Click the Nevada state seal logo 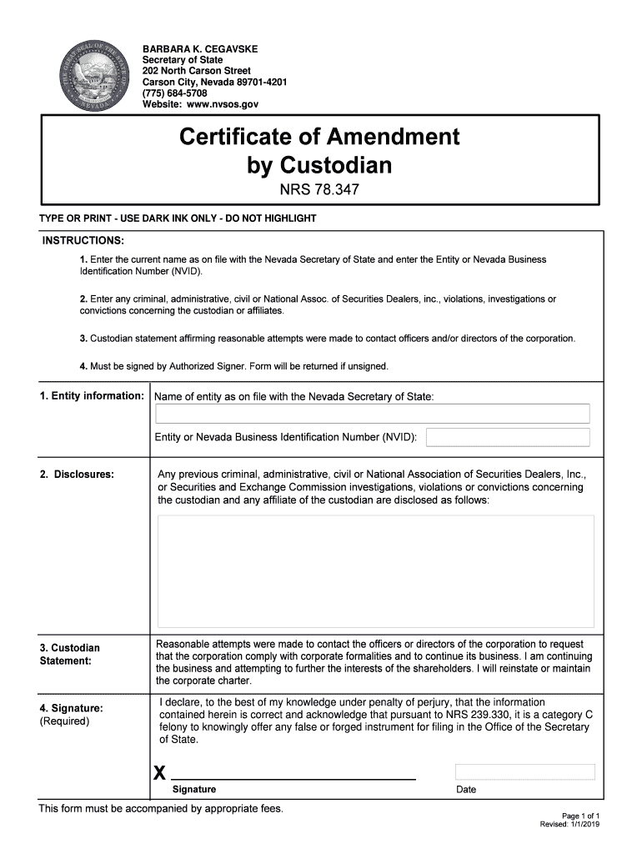click(x=90, y=78)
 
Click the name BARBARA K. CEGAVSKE click(x=188, y=49)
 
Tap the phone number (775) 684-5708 click(x=174, y=93)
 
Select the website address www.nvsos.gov click(x=222, y=105)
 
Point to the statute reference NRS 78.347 click(x=320, y=190)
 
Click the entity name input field click(x=372, y=414)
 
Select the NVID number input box click(x=508, y=437)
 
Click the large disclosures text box click(x=375, y=571)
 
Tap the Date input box click(x=524, y=771)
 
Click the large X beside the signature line click(x=159, y=773)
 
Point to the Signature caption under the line click(x=194, y=789)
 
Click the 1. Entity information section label click(x=92, y=395)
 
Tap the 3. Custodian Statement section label click(x=69, y=654)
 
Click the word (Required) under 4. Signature click(x=64, y=721)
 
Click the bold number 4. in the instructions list click(x=83, y=366)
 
